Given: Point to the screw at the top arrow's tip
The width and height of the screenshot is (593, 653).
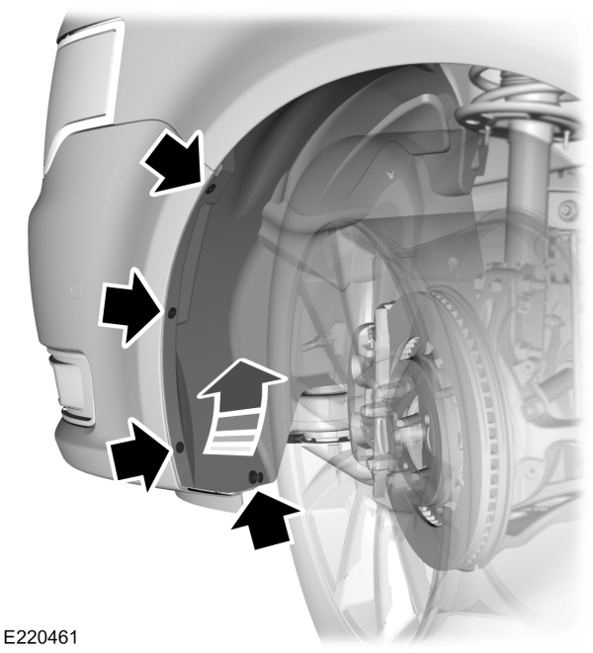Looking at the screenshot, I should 210,188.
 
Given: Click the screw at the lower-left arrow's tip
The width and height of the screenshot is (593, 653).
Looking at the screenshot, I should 180,447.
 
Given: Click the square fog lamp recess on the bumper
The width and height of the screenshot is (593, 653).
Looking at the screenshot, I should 71,382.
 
